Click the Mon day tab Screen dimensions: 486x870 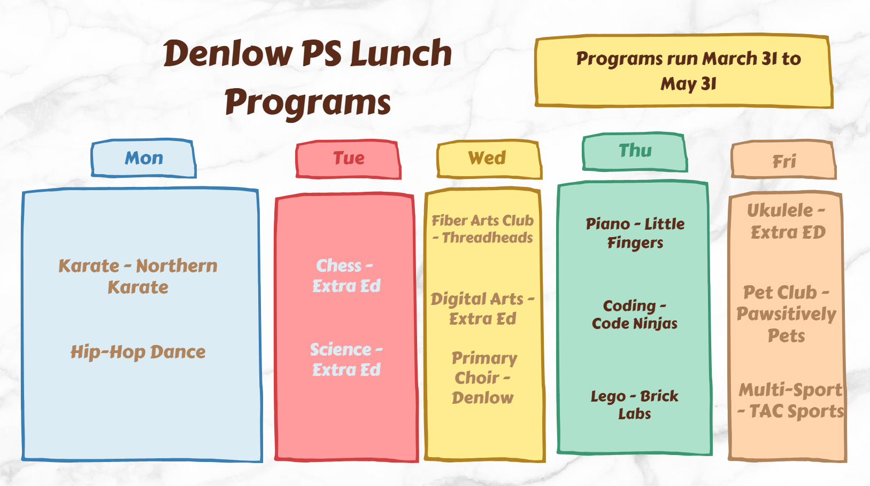[x=143, y=158]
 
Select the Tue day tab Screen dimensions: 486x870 [x=348, y=159]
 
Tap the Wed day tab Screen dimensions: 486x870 [x=487, y=158]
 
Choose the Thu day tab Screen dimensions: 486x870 [x=635, y=151]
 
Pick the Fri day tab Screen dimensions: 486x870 [x=783, y=161]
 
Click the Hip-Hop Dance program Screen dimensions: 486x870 [x=138, y=351]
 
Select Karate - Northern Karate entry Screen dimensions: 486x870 [x=138, y=276]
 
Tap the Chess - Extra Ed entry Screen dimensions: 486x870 [x=346, y=276]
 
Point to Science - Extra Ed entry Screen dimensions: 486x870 [x=346, y=359]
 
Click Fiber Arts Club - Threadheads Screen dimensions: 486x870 [x=482, y=229]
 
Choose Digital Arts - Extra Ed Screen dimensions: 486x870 [x=482, y=308]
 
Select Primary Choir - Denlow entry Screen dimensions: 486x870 [x=483, y=378]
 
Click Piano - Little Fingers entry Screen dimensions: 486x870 [x=635, y=233]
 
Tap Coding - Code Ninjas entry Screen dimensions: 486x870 [x=634, y=314]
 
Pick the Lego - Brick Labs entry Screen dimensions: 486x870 [x=634, y=404]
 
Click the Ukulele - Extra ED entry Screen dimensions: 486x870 [x=787, y=221]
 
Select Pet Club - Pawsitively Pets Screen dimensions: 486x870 [x=786, y=313]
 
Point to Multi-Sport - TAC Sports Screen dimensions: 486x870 [x=790, y=400]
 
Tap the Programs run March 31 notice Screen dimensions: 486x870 [x=687, y=71]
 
